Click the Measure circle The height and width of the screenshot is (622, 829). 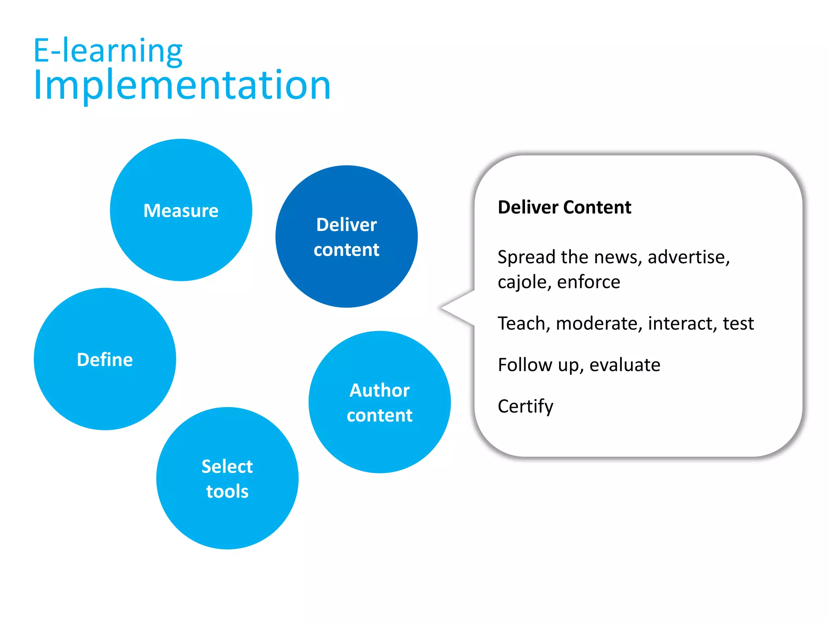[x=181, y=210]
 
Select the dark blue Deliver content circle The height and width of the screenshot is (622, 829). [x=346, y=236]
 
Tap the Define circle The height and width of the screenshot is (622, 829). [x=105, y=359]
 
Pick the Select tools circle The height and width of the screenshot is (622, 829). [x=227, y=478]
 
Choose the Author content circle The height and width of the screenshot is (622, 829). [x=379, y=402]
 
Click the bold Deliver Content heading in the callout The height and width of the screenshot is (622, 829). [x=564, y=207]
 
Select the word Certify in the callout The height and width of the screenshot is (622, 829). [x=525, y=406]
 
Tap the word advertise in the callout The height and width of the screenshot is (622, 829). [x=688, y=257]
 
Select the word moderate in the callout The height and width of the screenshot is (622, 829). [x=599, y=324]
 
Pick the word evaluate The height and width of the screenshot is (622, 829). [x=625, y=365]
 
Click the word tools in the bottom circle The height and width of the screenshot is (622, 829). [x=227, y=491]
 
